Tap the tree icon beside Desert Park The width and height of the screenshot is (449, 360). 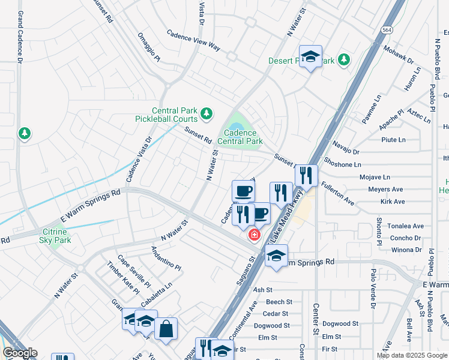[344, 59]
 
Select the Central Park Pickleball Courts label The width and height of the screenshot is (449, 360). [175, 115]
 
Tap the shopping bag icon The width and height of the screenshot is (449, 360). [166, 329]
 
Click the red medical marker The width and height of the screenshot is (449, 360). [255, 235]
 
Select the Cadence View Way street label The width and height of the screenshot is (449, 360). [193, 41]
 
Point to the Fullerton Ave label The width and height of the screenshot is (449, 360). [337, 194]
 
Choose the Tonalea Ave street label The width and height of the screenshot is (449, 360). [406, 226]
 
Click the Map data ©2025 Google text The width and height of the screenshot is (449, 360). [412, 355]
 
